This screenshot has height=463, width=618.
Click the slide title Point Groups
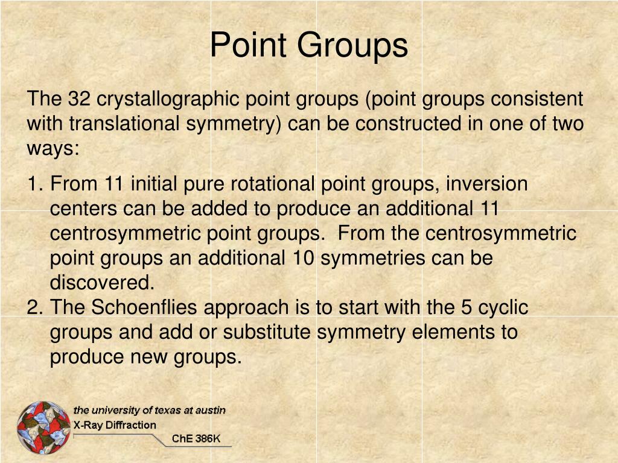pos(308,46)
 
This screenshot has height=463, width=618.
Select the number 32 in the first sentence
pos(79,99)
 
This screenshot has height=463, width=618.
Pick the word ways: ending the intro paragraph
pos(53,149)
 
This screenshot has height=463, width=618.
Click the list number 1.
pos(34,184)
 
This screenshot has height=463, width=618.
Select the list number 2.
pos(34,307)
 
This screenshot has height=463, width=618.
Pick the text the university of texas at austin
pos(149,411)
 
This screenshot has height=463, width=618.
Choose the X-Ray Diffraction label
pos(115,425)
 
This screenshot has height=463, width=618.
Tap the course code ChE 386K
pos(196,439)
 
